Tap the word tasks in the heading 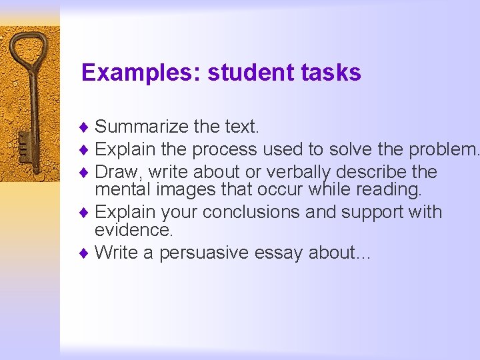[337, 73]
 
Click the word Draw [115, 172]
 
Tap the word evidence [133, 231]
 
